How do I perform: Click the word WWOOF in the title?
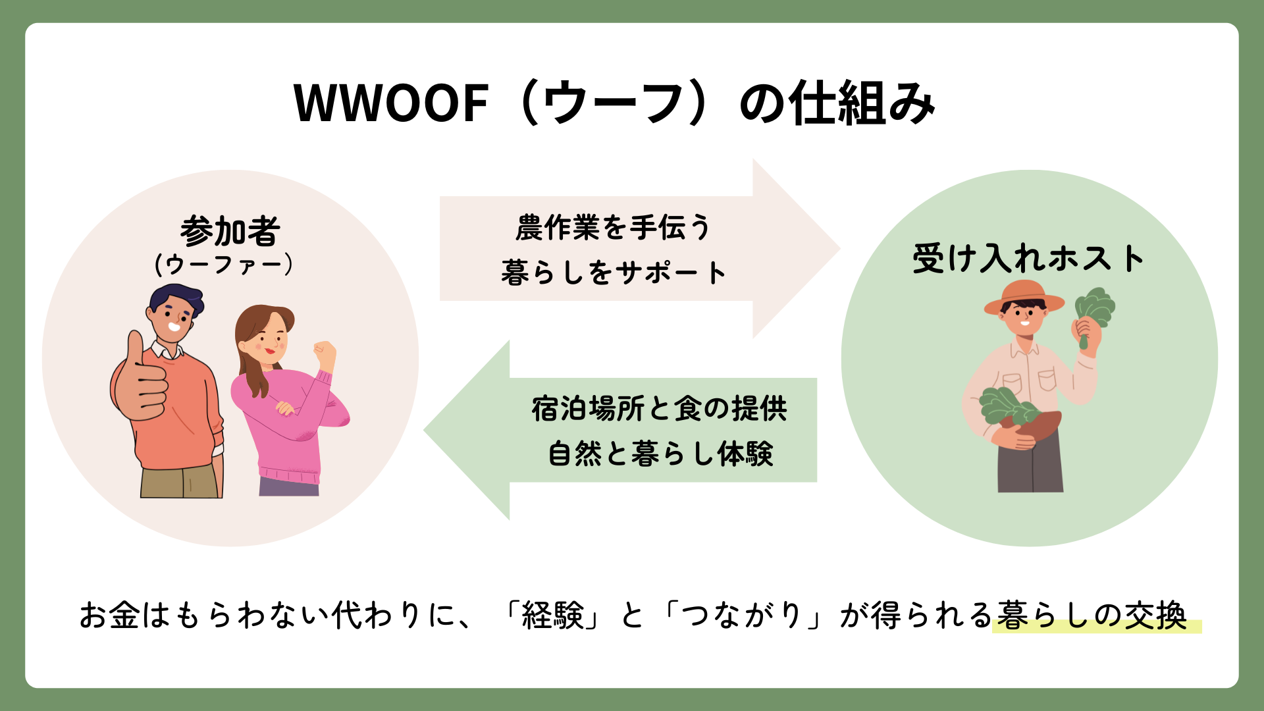[390, 103]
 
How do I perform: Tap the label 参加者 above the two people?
[230, 231]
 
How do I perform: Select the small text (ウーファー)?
[224, 264]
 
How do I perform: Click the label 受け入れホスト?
[1028, 258]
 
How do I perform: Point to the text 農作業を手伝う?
[613, 228]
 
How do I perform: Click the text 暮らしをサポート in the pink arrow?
[613, 272]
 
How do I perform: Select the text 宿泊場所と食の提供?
[659, 409]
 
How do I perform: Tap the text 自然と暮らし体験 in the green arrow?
[660, 454]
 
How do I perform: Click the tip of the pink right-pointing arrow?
[840, 248]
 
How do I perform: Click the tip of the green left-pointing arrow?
[425, 431]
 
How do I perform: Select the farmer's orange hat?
[1024, 298]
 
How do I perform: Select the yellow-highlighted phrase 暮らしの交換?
[1093, 616]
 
